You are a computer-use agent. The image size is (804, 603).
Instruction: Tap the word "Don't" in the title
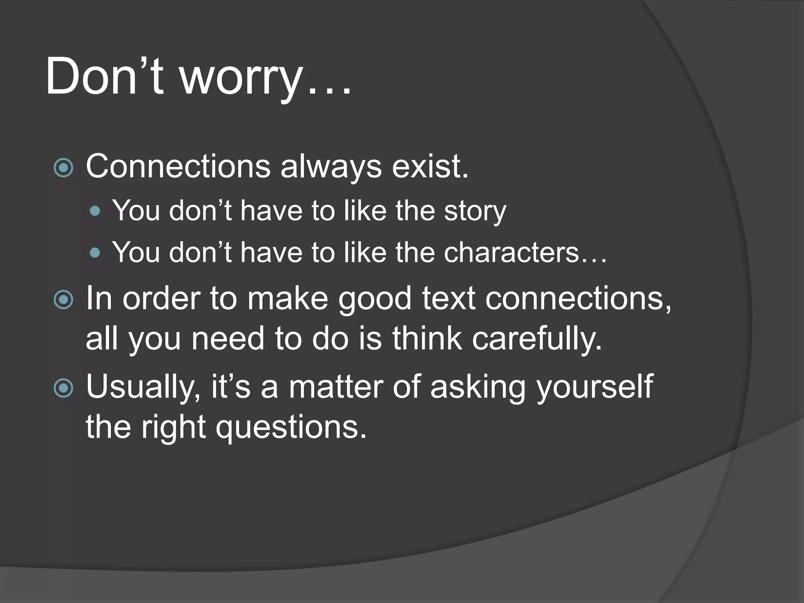pyautogui.click(x=104, y=76)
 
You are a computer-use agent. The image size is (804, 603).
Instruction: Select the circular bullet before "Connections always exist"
pyautogui.click(x=63, y=168)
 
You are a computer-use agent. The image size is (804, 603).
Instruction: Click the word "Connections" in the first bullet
pyautogui.click(x=178, y=166)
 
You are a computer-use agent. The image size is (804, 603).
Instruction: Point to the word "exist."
pyautogui.click(x=430, y=166)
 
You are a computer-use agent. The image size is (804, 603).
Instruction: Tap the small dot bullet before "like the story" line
pyautogui.click(x=95, y=212)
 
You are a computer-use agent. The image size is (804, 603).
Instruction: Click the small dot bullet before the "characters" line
pyautogui.click(x=95, y=252)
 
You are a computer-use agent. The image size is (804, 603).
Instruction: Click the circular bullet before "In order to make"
pyautogui.click(x=63, y=300)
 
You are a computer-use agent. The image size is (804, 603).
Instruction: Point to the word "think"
pyautogui.click(x=427, y=338)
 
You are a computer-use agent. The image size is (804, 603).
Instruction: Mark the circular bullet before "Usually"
pyautogui.click(x=63, y=388)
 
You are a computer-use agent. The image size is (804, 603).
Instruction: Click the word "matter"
pyautogui.click(x=336, y=387)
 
